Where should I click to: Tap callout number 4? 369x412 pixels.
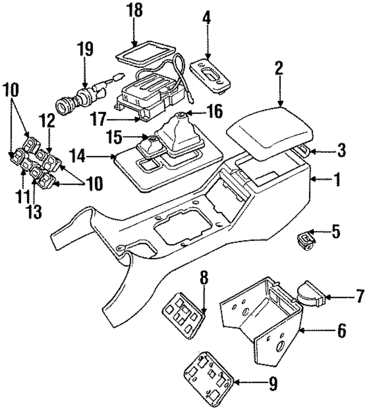click(x=207, y=18)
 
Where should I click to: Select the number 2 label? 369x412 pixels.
click(x=279, y=68)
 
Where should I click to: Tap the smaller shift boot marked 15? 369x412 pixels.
click(x=151, y=148)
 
